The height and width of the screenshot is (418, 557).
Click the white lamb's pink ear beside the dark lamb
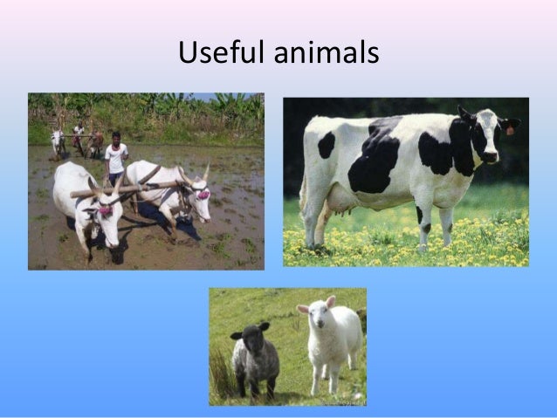click(x=302, y=309)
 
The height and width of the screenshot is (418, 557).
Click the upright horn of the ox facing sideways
click(x=206, y=172)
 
